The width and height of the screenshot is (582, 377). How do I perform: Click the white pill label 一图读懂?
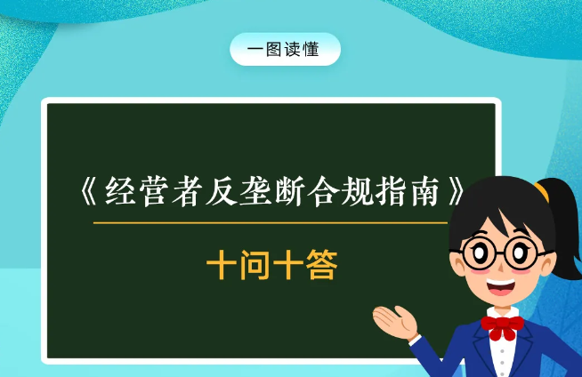pos(285,50)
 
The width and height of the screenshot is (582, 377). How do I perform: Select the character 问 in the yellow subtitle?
pos(255,265)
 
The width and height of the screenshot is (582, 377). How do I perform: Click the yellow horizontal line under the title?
pos(267,222)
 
